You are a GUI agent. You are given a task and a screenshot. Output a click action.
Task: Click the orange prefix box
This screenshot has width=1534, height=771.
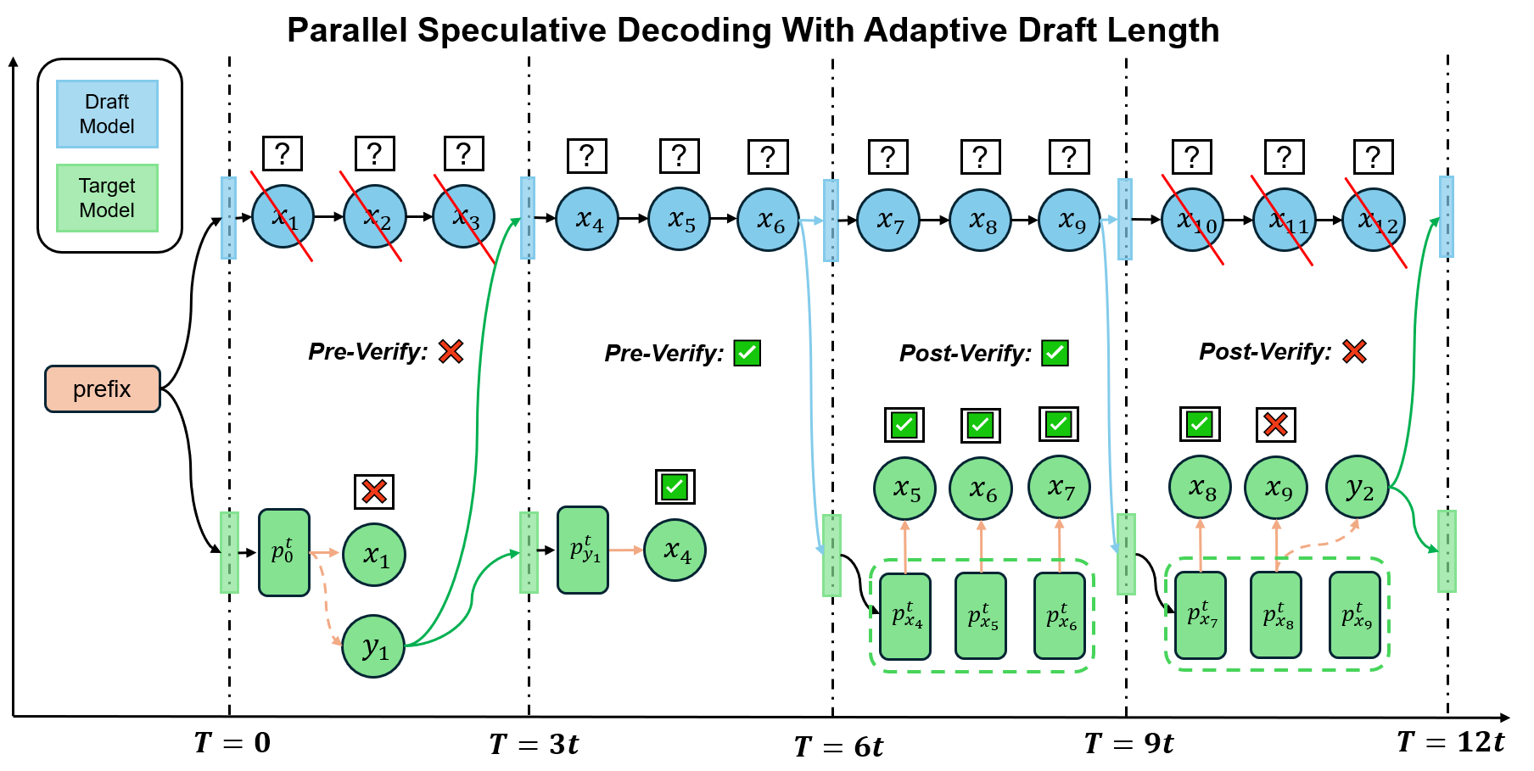pyautogui.click(x=102, y=389)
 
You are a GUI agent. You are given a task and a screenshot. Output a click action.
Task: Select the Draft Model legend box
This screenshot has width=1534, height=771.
pyautogui.click(x=107, y=115)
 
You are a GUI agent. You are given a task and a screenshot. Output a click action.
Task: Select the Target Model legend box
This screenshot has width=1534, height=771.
pyautogui.click(x=107, y=198)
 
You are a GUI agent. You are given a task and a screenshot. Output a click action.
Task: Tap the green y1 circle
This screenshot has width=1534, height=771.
pyautogui.click(x=373, y=646)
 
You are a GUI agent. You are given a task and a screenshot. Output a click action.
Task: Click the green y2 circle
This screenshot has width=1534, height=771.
pyautogui.click(x=1358, y=488)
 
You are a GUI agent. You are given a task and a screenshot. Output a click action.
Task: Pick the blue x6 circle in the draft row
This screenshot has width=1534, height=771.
pyautogui.click(x=769, y=220)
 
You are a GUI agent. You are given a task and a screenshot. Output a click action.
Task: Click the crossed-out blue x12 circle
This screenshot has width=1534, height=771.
pyautogui.click(x=1374, y=220)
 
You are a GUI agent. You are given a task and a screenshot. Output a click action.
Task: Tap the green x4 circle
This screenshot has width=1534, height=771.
pyautogui.click(x=675, y=550)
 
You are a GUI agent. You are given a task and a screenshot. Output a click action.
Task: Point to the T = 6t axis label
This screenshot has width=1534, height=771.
pyautogui.click(x=838, y=746)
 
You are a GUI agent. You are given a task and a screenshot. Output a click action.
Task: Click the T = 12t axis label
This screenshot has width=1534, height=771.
pyautogui.click(x=1450, y=742)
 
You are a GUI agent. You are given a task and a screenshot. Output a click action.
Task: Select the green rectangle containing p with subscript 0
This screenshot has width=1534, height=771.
pyautogui.click(x=283, y=553)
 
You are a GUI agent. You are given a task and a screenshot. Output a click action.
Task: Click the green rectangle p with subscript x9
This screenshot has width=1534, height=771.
pyautogui.click(x=1355, y=615)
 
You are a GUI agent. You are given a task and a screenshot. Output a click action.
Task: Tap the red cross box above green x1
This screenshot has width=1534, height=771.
pyautogui.click(x=374, y=491)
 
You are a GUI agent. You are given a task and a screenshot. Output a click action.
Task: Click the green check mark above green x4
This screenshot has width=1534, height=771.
pyautogui.click(x=675, y=487)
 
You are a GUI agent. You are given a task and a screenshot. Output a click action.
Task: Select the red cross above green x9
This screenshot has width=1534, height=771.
pyautogui.click(x=1275, y=424)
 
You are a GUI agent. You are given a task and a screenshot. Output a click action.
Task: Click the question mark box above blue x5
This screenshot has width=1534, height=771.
pyautogui.click(x=679, y=156)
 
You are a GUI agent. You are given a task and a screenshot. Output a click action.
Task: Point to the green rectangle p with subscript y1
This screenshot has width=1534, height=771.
pyautogui.click(x=583, y=550)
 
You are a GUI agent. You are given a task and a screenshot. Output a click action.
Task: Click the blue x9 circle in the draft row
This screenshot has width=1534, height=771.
pyautogui.click(x=1070, y=220)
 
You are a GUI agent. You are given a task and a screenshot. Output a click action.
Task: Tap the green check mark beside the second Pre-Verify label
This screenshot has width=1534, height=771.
pyautogui.click(x=747, y=353)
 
